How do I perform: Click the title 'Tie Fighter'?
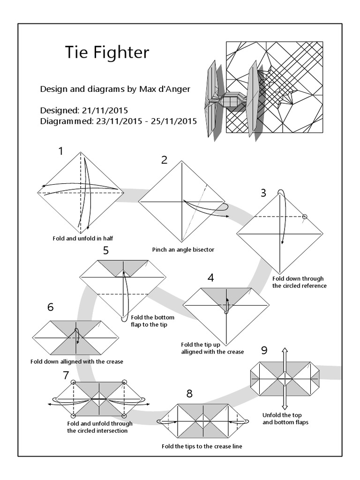pos(107,52)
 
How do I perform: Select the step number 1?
pos(60,151)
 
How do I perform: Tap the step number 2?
pos(164,160)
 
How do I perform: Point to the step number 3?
pos(263,192)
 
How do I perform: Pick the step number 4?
pos(211,277)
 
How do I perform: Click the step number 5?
pos(106,250)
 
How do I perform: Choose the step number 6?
pos(51,307)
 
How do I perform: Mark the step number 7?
pos(66,375)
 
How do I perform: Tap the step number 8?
pos(189,393)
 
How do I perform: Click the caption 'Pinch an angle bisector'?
pos(183,249)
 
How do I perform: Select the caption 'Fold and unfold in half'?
pos(82,239)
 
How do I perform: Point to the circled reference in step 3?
pos(305,217)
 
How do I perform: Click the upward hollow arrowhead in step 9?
pos(285,351)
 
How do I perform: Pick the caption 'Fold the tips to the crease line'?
pos(202,446)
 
